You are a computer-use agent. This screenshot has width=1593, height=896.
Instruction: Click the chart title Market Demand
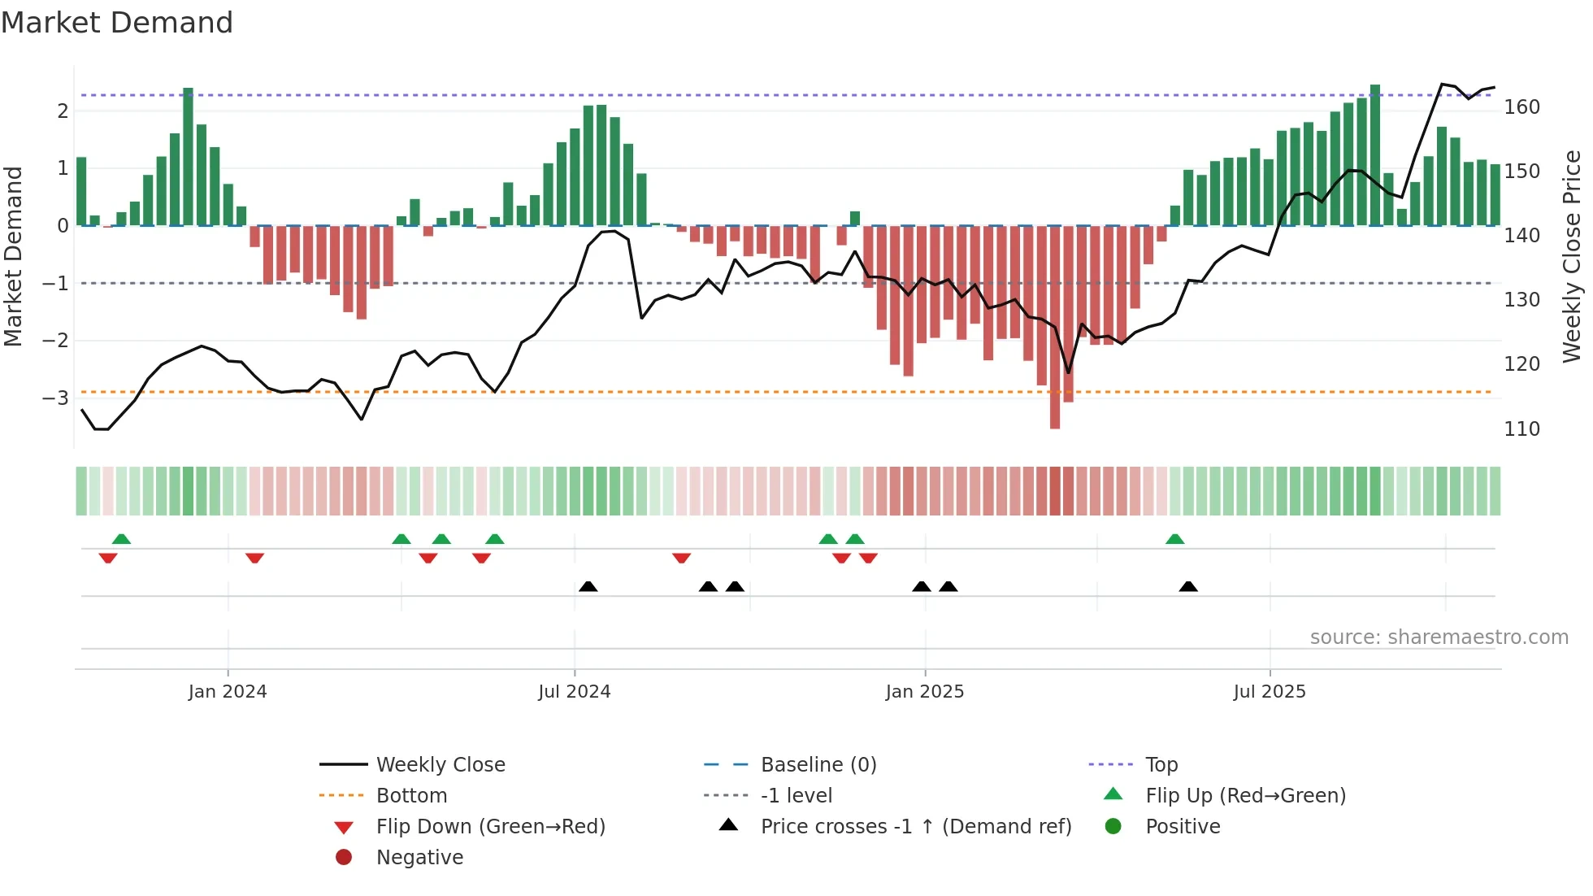pos(117,23)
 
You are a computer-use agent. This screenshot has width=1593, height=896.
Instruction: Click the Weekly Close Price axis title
pos(1572,256)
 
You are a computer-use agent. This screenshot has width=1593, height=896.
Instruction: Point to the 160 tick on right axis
pos(1521,107)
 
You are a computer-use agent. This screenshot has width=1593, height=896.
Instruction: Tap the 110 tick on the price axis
pos(1521,428)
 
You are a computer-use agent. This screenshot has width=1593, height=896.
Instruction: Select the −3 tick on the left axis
pos(55,398)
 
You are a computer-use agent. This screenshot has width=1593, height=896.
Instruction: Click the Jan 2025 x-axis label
pos(924,692)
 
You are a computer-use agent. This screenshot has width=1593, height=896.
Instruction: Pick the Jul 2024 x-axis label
pos(574,692)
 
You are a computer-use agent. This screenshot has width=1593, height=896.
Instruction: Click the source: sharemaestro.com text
pos(1439,637)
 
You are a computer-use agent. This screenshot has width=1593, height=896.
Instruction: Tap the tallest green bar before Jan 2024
pos(188,154)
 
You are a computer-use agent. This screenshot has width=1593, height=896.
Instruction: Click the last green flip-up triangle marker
pos(1174,539)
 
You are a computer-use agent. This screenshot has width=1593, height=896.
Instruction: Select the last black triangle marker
pos(1188,586)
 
